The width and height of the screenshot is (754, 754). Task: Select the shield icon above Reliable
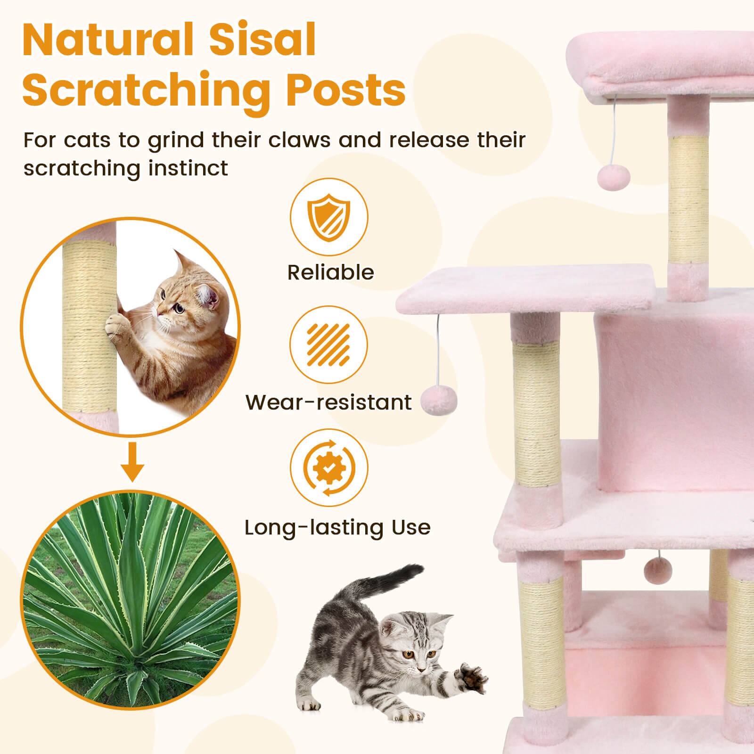(329, 218)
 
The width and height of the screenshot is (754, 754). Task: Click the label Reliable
(331, 272)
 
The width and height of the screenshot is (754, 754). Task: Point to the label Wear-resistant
(329, 402)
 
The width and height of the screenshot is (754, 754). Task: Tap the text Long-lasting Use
(337, 527)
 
